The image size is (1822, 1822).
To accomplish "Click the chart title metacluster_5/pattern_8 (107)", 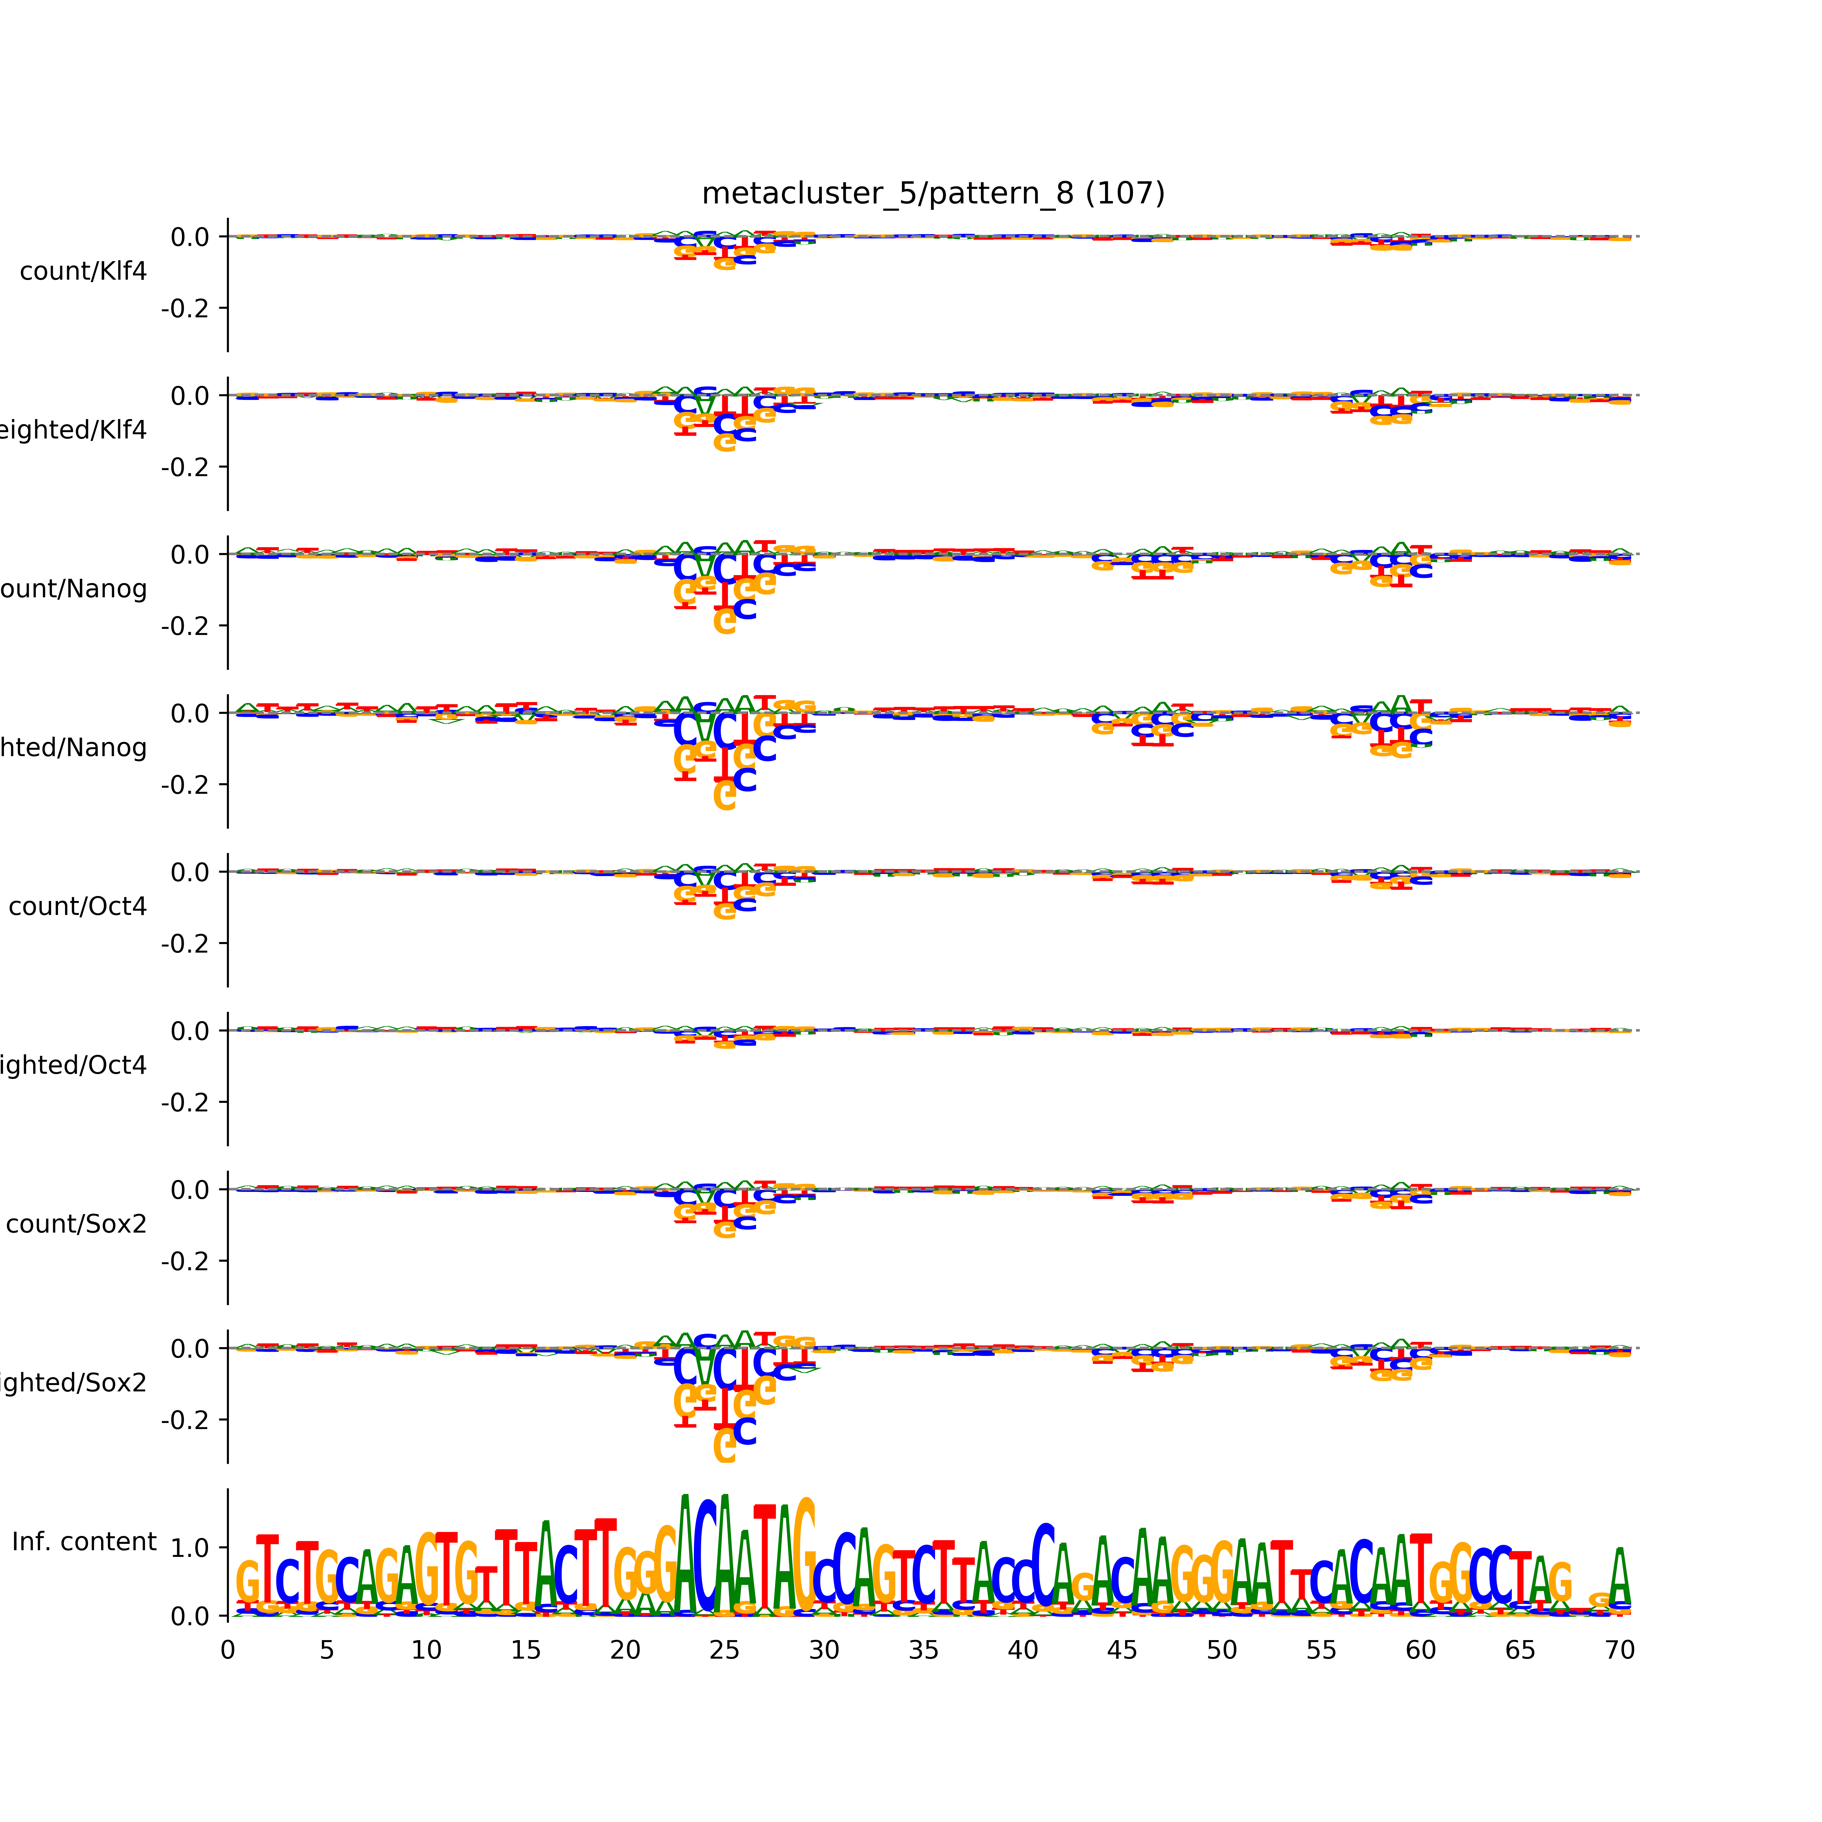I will (x=933, y=193).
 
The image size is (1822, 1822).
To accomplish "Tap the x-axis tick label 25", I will (x=724, y=1650).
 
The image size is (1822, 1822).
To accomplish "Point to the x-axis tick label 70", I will (x=1619, y=1650).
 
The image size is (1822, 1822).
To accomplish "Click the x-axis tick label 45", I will (x=1122, y=1650).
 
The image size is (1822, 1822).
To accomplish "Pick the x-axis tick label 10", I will (x=426, y=1650).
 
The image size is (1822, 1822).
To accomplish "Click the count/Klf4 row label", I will (x=83, y=271).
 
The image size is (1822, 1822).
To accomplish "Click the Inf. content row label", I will (x=84, y=1542).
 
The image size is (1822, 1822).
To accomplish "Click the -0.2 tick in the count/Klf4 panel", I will (x=185, y=309).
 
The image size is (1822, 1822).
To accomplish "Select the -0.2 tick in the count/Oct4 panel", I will (x=185, y=943).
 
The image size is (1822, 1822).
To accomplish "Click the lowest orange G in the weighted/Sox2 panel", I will (x=724, y=1446).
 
